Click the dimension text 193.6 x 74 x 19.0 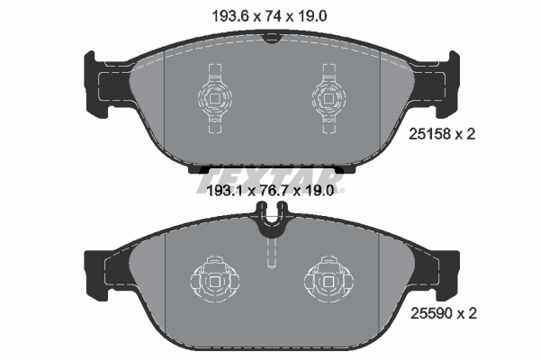[x=269, y=16]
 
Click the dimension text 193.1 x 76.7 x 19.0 [x=270, y=191]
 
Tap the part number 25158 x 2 [x=442, y=134]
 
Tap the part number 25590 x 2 [x=444, y=313]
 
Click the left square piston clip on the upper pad [x=214, y=98]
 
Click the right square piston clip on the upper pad [x=328, y=98]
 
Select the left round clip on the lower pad [x=214, y=280]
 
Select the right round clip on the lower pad [x=328, y=280]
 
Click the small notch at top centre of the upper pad [x=272, y=38]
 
